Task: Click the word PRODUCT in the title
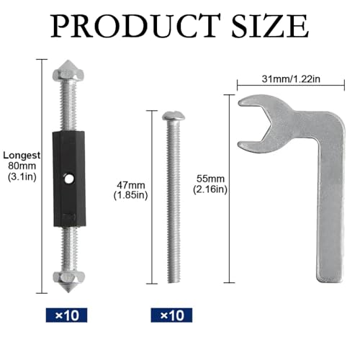tap(135, 26)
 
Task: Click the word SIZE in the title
tap(270, 26)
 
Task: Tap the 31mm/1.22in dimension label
tap(291, 78)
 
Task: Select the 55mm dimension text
tap(210, 179)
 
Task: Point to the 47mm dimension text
tap(131, 185)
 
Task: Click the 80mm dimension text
tap(22, 166)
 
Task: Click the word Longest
tap(22, 156)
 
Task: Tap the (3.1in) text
tap(22, 177)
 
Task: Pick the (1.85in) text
tap(130, 195)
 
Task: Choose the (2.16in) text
tap(210, 189)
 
